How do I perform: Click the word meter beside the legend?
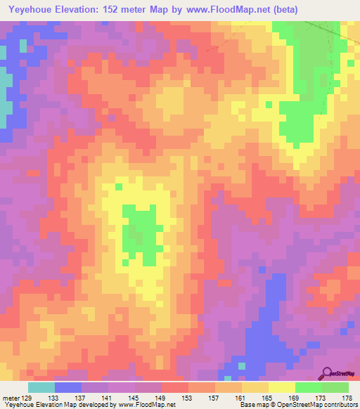point(10,398)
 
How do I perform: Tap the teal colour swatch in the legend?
point(41,387)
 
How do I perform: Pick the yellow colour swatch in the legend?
point(282,387)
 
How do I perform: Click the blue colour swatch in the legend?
point(68,387)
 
